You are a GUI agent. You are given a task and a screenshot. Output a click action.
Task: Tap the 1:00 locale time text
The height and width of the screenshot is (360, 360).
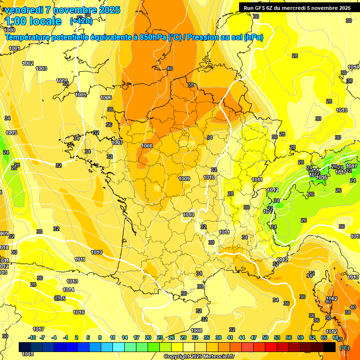[x=33, y=21]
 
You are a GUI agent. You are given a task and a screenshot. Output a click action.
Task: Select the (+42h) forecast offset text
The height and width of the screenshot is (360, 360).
[x=81, y=21]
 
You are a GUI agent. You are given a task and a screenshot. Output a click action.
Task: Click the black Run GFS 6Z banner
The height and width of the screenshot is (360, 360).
[x=295, y=8]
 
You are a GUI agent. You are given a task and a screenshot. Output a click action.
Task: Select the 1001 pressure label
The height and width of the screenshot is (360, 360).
[x=15, y=48]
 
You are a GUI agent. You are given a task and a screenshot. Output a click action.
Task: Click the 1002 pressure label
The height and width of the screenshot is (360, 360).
[x=28, y=63]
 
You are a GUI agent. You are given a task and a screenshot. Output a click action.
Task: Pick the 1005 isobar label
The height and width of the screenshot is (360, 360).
[x=81, y=95]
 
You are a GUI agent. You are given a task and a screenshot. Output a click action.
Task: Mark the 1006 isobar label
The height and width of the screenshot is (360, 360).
[x=106, y=97]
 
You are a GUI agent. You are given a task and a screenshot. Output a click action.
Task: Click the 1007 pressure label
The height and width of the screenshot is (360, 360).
[x=117, y=142]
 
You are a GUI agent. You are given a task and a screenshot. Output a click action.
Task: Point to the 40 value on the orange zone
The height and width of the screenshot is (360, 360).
[x=169, y=68]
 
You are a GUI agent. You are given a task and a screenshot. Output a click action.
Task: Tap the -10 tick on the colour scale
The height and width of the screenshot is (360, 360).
[x=32, y=337]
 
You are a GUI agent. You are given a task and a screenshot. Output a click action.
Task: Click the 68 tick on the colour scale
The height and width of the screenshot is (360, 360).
[x=336, y=337]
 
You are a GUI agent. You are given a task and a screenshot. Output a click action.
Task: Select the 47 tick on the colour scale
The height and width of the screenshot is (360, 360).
[x=254, y=337]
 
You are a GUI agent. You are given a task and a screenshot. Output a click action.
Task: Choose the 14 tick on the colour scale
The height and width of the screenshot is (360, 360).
[x=125, y=337]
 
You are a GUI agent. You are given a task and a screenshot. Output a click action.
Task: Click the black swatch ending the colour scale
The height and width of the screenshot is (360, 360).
[x=330, y=347]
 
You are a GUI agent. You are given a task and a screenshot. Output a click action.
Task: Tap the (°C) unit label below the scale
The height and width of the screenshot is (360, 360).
[x=344, y=348]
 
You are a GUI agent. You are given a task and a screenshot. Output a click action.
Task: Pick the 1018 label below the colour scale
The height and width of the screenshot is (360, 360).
[x=28, y=354]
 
